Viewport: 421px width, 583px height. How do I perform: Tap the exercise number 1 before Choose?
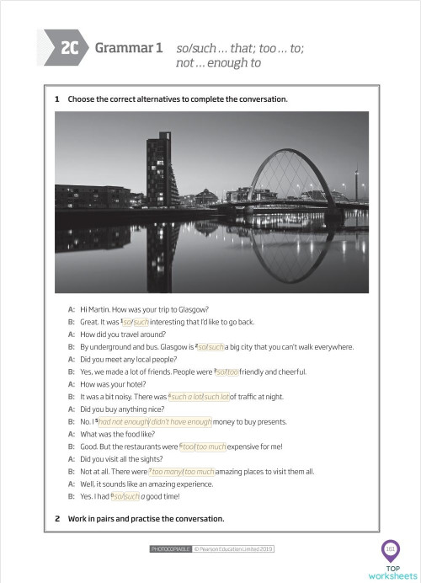click(57, 99)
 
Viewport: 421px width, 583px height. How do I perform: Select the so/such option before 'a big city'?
click(210, 347)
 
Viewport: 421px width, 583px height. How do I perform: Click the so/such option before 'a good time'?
click(125, 497)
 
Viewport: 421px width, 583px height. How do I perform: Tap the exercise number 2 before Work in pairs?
click(57, 518)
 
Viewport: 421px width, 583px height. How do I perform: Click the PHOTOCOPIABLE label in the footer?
click(170, 549)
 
